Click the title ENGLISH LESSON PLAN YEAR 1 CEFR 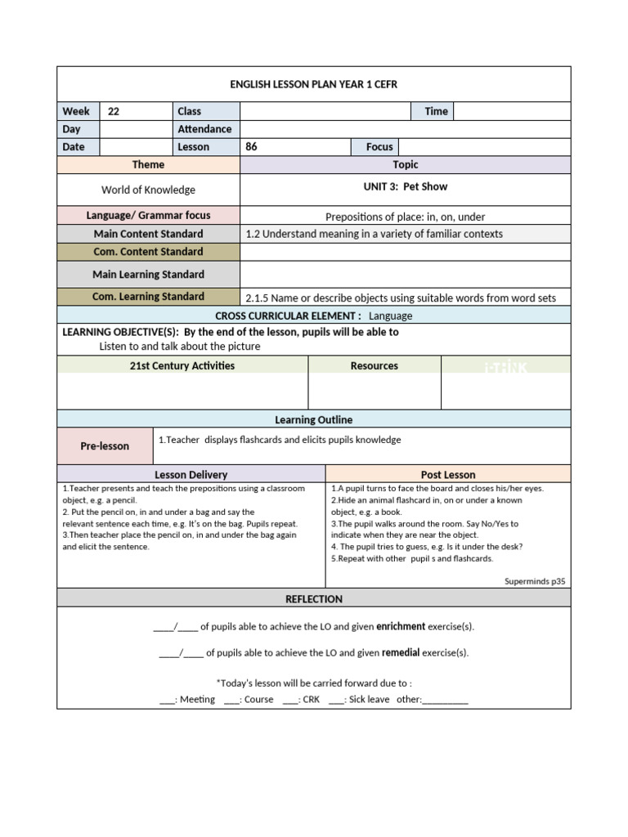coord(314,84)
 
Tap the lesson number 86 coord(252,147)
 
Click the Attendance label coord(204,129)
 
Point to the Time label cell coord(436,111)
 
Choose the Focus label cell coord(379,147)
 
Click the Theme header coord(148,165)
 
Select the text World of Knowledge coord(148,190)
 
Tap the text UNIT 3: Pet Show coord(406,186)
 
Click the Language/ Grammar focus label coord(148,216)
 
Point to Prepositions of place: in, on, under coord(406,217)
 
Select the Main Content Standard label coord(148,234)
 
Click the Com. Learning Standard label coord(148,297)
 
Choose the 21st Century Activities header coord(182,365)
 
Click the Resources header coord(375,365)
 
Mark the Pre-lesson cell coord(105,446)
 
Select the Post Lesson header coord(448,474)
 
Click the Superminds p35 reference coord(535,581)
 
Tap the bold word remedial coord(401,652)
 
